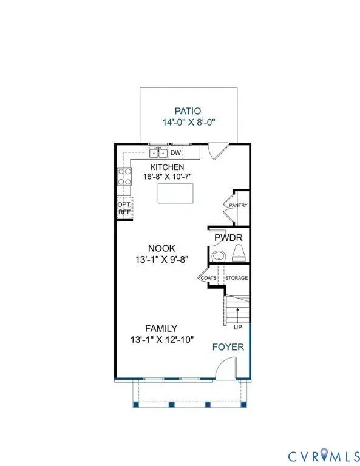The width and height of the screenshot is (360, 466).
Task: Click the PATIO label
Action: [187, 111]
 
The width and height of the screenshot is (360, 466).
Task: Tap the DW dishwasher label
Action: [175, 153]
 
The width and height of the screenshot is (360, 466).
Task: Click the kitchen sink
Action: [159, 152]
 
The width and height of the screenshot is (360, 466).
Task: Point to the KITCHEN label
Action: [167, 167]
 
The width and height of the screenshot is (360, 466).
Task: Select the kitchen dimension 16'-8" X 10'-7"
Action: [167, 177]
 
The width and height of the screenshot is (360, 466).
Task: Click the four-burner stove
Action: [124, 177]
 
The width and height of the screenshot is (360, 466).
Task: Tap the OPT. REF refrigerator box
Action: [124, 208]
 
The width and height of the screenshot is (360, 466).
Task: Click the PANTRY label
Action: [237, 206]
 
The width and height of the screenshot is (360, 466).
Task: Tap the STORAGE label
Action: [237, 278]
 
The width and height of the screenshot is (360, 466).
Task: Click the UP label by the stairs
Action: [237, 326]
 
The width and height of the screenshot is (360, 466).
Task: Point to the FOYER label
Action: [228, 347]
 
